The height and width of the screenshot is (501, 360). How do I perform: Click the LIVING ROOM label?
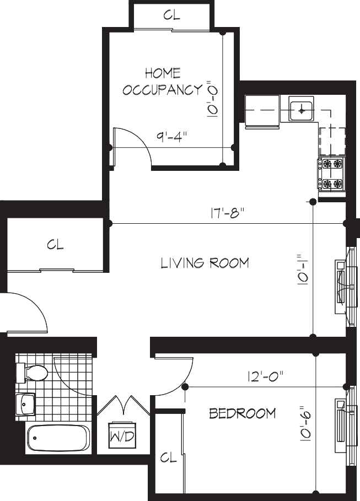(x=205, y=263)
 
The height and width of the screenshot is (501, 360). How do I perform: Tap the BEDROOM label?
(x=242, y=413)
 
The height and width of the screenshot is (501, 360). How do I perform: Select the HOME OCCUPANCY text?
(x=163, y=81)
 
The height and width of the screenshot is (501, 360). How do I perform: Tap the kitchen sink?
(x=301, y=110)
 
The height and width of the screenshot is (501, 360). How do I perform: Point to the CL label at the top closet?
(x=171, y=15)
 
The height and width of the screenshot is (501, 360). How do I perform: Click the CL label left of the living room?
(x=56, y=245)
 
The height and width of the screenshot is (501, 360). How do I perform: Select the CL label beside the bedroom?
(x=168, y=457)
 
